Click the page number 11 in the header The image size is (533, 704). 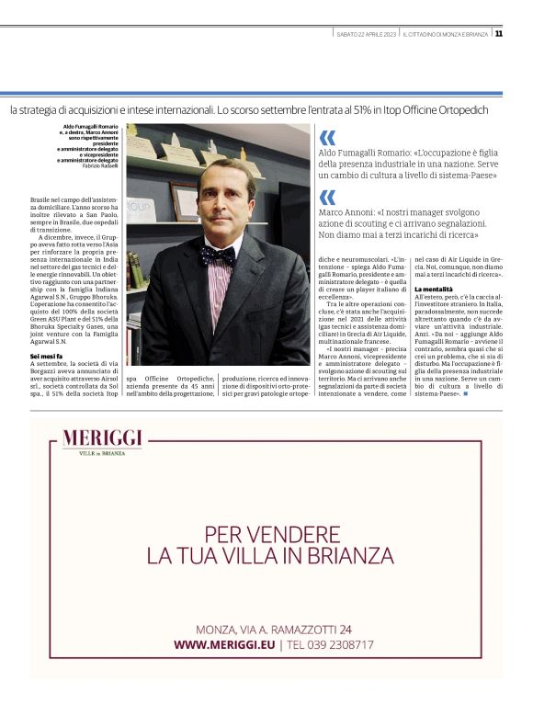click(x=498, y=34)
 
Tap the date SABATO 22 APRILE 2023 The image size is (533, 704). click(x=367, y=34)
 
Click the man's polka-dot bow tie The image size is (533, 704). click(x=218, y=255)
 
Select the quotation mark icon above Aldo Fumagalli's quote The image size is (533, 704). click(x=327, y=137)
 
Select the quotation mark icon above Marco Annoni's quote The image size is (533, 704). click(x=327, y=197)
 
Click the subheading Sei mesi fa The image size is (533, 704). click(x=47, y=355)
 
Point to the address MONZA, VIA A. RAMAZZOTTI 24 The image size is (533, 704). click(x=274, y=630)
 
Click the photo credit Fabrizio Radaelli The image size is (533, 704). click(x=100, y=165)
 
